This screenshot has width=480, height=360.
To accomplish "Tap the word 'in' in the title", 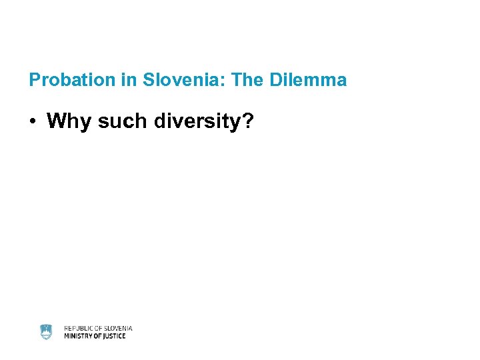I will tap(129, 81).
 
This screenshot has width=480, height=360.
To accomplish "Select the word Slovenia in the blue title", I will tap(175, 81).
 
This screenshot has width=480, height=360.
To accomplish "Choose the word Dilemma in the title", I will tap(308, 81).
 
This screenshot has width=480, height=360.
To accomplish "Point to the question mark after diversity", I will tap(248, 121).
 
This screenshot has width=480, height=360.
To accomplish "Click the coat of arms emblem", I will tap(46, 332).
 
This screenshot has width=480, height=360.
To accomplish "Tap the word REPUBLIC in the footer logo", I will tap(79, 328).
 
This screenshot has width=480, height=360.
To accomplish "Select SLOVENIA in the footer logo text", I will tap(118, 328).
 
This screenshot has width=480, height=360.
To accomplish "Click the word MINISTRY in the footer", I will tap(79, 336).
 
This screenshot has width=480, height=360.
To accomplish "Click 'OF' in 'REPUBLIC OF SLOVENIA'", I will tap(99, 328).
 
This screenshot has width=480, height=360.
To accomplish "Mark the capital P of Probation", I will tap(35, 81).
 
